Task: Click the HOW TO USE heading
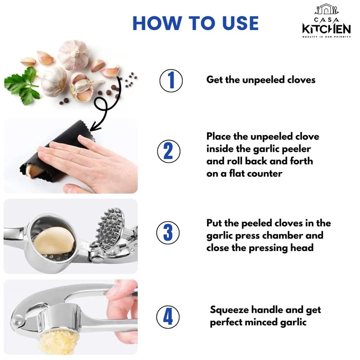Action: click(x=196, y=23)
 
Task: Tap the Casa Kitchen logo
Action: click(x=327, y=21)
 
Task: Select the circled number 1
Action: click(x=171, y=81)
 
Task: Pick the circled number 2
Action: click(x=169, y=151)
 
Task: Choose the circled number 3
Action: click(x=168, y=233)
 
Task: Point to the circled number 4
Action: click(x=168, y=317)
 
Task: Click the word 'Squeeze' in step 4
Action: click(x=229, y=310)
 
